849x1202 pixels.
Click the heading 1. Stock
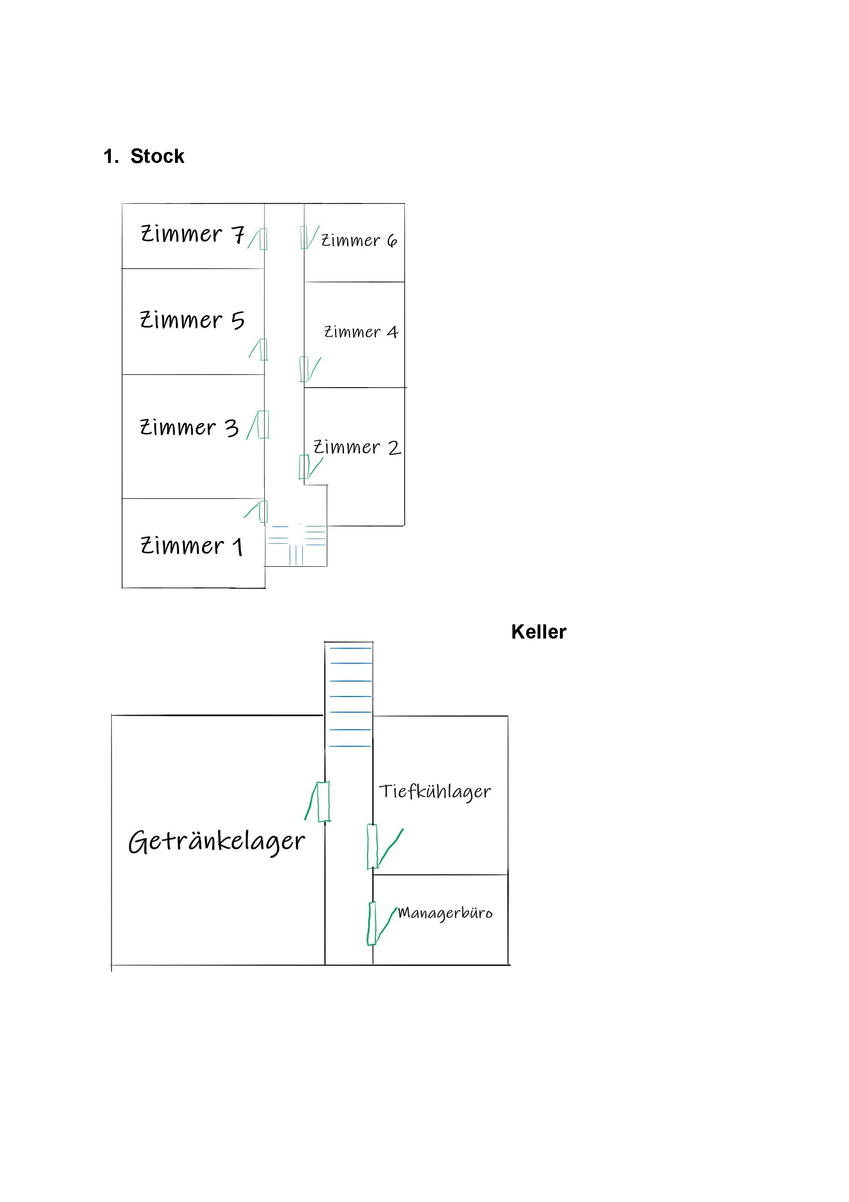coord(144,156)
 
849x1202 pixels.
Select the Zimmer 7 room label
coord(192,234)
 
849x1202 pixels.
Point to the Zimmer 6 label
coord(359,240)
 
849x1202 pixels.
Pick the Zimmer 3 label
coord(189,427)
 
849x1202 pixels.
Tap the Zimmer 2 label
coord(357,448)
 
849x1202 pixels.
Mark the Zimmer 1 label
coord(192,546)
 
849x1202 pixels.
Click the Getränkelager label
coord(216,841)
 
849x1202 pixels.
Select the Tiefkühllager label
coord(434,792)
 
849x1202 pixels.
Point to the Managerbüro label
coord(445,913)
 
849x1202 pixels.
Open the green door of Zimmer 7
coord(263,239)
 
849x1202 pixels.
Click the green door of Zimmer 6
coord(304,237)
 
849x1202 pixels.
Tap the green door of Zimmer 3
coord(263,424)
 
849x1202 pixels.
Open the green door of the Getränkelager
coord(324,801)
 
